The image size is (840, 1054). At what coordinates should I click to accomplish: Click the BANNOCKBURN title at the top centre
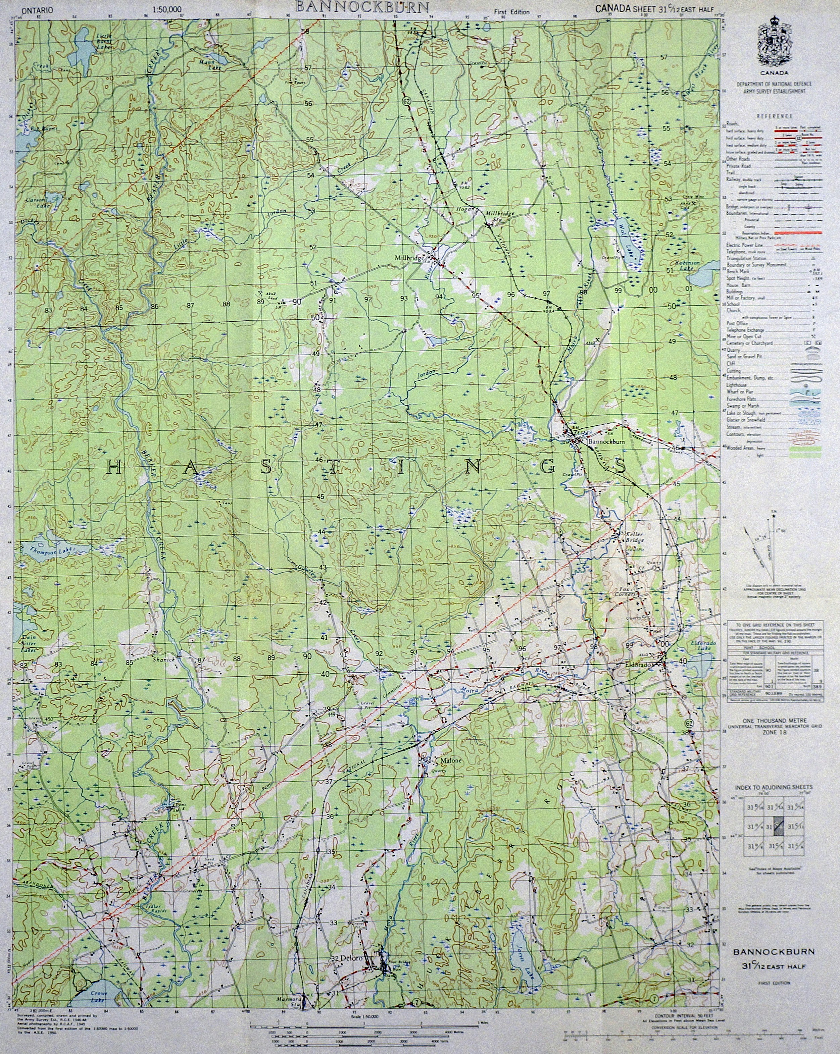click(361, 6)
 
